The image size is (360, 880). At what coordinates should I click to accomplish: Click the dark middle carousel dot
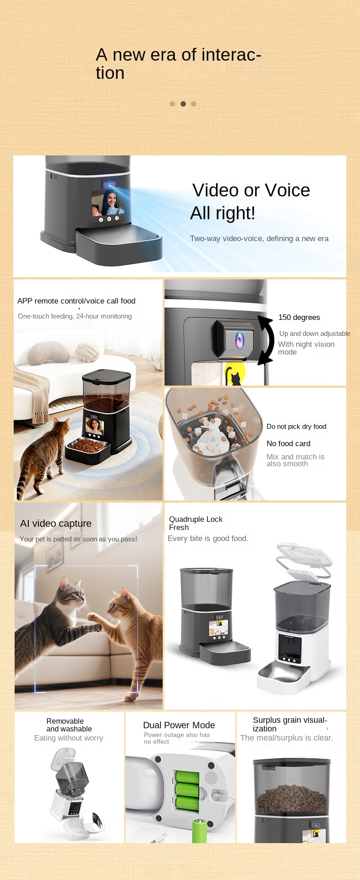(x=183, y=104)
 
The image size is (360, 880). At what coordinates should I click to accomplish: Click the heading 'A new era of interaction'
(x=178, y=64)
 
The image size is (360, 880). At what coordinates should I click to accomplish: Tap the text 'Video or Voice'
(x=251, y=190)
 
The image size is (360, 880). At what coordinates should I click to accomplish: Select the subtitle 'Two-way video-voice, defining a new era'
(x=259, y=238)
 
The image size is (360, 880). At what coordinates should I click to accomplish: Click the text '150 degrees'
(x=299, y=317)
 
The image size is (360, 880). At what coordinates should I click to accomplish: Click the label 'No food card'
(x=288, y=443)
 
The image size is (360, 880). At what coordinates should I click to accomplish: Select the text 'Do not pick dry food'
(x=296, y=427)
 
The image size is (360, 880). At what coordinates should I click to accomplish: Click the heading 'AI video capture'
(x=56, y=524)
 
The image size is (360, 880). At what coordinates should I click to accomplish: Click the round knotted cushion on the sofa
(x=87, y=352)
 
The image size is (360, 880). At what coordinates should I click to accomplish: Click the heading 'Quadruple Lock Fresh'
(x=196, y=523)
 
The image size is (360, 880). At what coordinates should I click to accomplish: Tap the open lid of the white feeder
(x=304, y=560)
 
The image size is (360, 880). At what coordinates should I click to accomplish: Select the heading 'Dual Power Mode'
(x=179, y=725)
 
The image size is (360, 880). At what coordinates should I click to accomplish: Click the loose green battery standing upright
(x=200, y=830)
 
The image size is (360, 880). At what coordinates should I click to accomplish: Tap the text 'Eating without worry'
(x=69, y=738)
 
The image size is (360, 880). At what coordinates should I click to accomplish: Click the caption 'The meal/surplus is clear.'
(x=287, y=738)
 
